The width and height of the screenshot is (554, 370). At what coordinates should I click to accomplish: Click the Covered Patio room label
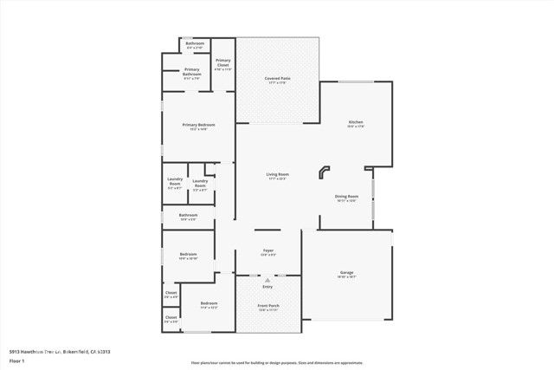click(277, 79)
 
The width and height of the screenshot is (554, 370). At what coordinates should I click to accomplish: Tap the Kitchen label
click(356, 122)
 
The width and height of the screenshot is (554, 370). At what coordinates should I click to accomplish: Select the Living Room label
click(277, 175)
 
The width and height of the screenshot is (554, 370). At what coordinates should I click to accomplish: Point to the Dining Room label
click(347, 196)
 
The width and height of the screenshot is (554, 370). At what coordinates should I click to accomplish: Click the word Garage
click(346, 273)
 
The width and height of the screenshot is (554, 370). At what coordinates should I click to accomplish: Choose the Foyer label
click(268, 250)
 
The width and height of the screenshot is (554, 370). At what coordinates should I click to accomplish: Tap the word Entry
click(267, 287)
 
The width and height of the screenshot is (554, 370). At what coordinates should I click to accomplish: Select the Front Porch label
click(267, 306)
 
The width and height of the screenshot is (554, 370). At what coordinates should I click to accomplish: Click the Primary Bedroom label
click(198, 125)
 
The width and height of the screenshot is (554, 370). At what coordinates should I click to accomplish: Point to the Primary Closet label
click(223, 62)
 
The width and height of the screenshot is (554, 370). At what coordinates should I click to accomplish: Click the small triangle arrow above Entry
click(267, 281)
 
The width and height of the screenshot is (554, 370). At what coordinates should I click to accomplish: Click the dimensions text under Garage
click(346, 277)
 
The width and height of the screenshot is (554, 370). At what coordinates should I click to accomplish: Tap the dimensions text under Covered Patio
click(277, 83)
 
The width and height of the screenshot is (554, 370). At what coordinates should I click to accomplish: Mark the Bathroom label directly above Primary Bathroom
click(195, 43)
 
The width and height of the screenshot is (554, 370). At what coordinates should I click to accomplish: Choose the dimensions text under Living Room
click(277, 179)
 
